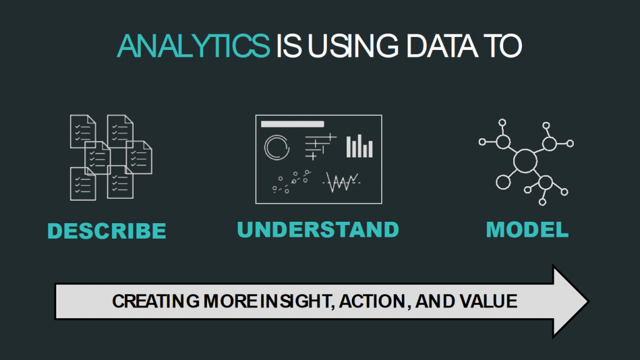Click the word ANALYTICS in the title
click(x=192, y=47)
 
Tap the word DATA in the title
click(x=431, y=47)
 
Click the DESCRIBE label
click(x=107, y=231)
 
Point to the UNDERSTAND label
click(x=318, y=229)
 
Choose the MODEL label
click(x=527, y=229)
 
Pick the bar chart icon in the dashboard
click(x=359, y=146)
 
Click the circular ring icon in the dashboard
click(x=277, y=147)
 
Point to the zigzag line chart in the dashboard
click(x=341, y=182)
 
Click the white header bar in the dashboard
click(x=292, y=124)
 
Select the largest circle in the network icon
click(x=525, y=161)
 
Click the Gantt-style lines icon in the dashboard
click(x=319, y=146)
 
